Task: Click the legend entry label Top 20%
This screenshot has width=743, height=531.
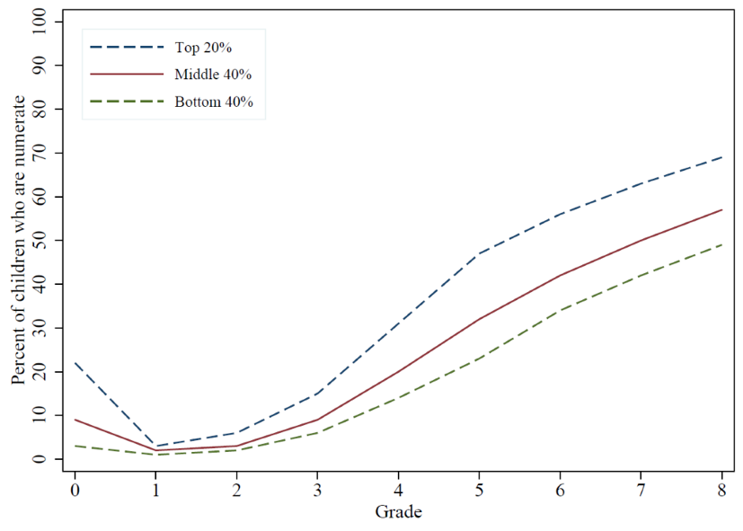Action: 203,46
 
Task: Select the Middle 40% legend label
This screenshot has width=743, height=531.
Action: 213,74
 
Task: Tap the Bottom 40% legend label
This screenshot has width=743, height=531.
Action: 214,102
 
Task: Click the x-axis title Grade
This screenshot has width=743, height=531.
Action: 398,513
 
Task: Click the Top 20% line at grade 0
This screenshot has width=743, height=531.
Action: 75,363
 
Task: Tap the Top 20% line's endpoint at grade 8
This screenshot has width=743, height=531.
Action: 722,157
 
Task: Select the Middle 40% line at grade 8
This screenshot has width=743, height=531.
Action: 722,209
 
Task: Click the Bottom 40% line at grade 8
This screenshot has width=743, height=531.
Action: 722,244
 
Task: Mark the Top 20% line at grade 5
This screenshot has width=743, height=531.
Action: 480,253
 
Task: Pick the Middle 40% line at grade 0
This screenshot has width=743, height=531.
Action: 75,420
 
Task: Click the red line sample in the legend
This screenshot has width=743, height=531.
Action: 127,74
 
